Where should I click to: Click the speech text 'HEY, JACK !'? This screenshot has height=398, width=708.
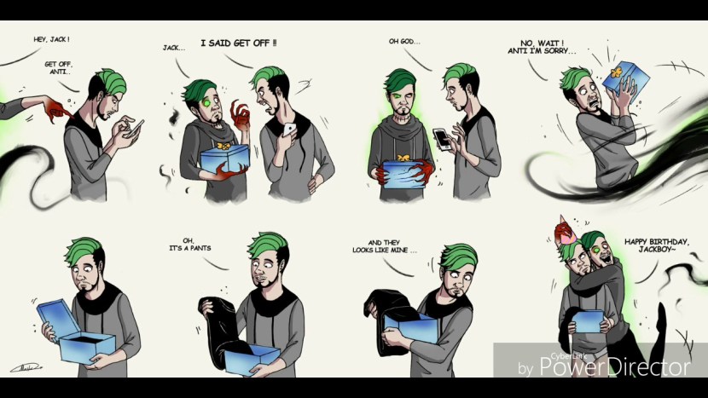pos(51,40)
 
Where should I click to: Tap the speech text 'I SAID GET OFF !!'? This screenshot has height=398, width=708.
pos(239,43)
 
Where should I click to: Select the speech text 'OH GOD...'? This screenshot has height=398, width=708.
pos(404,42)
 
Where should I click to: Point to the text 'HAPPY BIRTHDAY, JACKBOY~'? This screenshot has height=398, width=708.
pos(657,245)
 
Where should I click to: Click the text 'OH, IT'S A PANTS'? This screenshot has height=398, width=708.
pos(190,244)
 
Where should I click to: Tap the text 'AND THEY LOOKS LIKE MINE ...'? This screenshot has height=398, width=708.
pos(385,246)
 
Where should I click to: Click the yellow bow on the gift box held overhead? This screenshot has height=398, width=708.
pos(617,72)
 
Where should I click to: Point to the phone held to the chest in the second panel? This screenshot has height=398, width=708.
pos(288,130)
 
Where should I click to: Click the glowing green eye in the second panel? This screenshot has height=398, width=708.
pos(207,102)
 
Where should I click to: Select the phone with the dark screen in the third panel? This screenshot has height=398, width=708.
pos(441,139)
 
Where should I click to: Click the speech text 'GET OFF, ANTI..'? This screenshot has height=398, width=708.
pos(59,68)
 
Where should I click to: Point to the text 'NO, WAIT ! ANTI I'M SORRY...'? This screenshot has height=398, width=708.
pos(542,48)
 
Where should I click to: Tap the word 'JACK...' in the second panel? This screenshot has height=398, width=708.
pos(174,48)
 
